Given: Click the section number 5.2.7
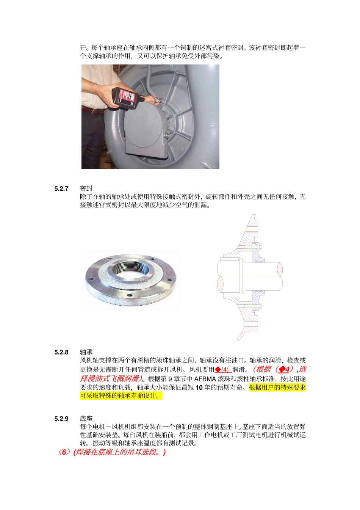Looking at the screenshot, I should pos(61,188).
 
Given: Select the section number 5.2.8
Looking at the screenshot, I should pos(61,352).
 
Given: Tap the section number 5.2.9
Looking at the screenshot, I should pos(61,419).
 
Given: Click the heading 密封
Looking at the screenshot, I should pos(86,188).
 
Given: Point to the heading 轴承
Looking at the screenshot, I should pos(86,352).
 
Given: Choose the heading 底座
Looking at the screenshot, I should pos(86,419).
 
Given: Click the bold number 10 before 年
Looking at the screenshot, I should pos(199,388).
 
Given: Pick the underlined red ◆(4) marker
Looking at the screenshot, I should pos(223,370).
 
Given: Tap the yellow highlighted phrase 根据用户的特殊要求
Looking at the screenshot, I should pos(277,388).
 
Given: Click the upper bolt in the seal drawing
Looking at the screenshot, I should pos(253,247).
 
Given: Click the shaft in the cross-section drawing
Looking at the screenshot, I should pos(261,276).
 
